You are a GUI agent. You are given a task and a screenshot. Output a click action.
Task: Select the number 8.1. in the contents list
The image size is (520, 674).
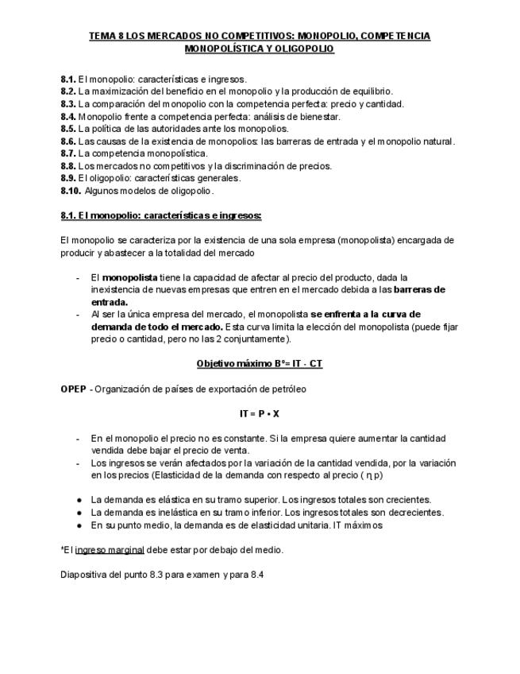point(67,79)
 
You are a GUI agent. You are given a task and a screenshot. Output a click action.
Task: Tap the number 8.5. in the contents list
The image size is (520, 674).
point(67,129)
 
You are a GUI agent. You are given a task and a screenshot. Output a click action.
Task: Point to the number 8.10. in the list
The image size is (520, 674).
point(70,191)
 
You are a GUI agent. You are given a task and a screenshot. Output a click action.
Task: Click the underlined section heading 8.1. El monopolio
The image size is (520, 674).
point(161,215)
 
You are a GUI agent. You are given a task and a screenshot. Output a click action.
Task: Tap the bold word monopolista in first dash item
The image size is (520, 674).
point(129,277)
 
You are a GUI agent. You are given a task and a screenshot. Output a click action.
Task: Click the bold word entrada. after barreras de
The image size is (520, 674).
point(110,302)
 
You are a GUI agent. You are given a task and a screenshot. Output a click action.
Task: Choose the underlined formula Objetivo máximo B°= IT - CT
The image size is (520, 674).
point(260,363)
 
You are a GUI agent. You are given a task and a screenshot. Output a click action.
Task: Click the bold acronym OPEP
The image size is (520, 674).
point(74,389)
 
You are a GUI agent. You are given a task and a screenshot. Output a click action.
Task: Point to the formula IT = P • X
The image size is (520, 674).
point(260,413)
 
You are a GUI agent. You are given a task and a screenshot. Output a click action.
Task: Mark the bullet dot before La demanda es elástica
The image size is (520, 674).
point(79,500)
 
